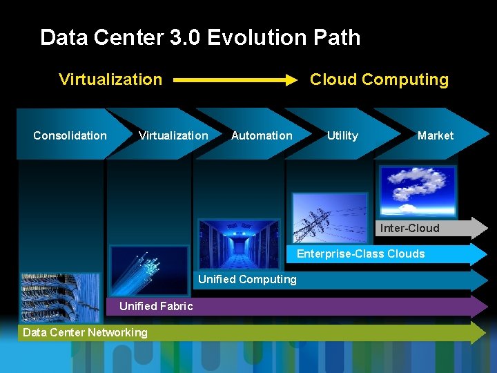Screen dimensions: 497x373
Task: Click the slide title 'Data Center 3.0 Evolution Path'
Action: [x=200, y=37]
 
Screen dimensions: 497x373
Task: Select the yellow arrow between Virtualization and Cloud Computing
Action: [x=235, y=80]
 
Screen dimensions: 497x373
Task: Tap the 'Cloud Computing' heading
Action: [x=379, y=79]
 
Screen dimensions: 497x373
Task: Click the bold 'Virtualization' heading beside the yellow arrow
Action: [x=110, y=79]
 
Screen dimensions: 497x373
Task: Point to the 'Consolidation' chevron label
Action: [x=70, y=135]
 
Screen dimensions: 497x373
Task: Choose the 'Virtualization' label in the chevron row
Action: [x=173, y=135]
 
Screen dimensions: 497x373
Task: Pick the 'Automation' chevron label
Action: [x=262, y=135]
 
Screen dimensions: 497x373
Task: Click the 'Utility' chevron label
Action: [x=342, y=135]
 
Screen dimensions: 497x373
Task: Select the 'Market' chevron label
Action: [x=436, y=135]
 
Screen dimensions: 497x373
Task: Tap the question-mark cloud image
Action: [x=417, y=190]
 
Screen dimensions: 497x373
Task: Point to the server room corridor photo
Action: [x=239, y=243]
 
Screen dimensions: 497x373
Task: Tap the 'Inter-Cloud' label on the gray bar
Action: [x=409, y=228]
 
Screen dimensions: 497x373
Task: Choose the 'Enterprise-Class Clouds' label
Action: [x=360, y=254]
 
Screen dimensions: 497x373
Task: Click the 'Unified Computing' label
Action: [x=247, y=279]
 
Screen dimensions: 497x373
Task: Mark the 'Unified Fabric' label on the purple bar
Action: [x=156, y=306]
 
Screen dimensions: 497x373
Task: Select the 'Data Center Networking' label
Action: [x=85, y=332]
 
